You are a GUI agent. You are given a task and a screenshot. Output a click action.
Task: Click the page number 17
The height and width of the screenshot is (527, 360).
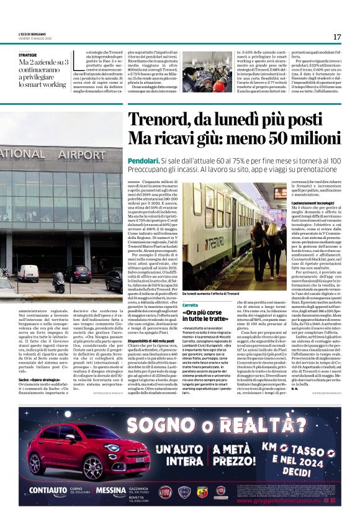337,37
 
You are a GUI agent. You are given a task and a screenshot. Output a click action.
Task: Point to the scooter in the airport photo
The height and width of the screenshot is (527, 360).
58,282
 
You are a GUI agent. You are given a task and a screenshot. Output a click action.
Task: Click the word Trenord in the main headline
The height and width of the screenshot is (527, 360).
159,118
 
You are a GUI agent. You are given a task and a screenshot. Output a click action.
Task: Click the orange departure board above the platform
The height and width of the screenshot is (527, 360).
279,193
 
